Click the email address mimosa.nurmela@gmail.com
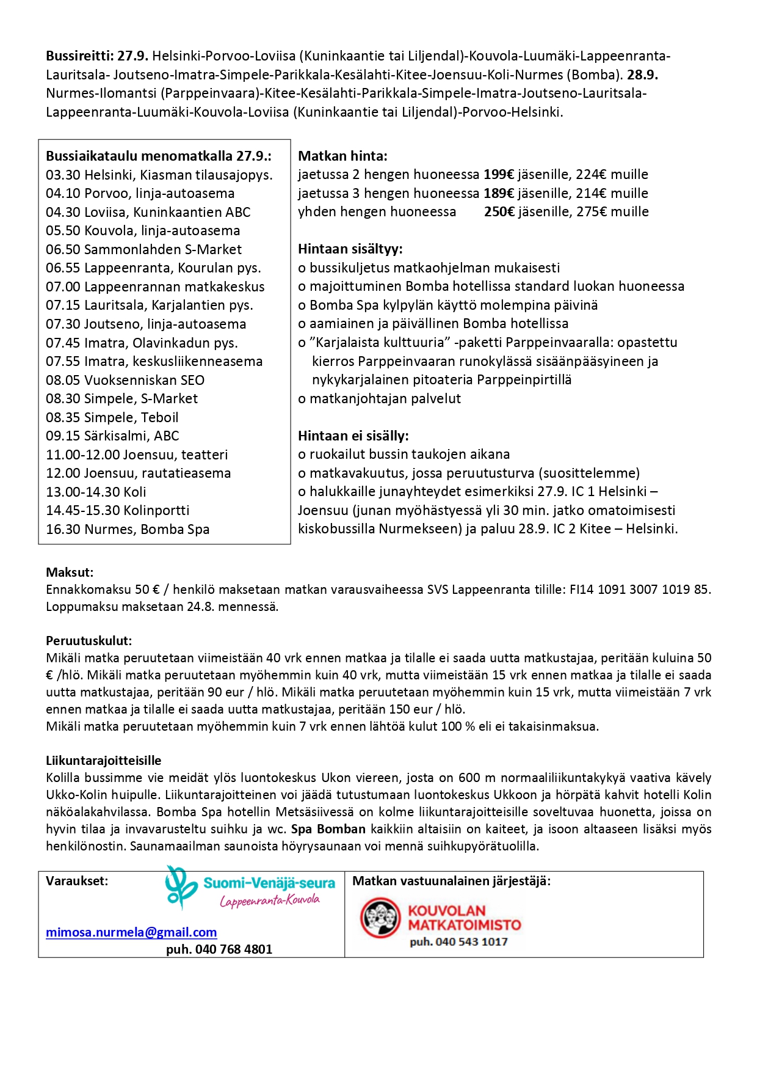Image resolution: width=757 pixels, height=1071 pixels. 131,932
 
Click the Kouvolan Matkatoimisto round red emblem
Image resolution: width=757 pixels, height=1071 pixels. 380,918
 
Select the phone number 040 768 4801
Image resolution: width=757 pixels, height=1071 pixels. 219,949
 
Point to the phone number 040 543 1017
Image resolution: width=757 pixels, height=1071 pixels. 458,942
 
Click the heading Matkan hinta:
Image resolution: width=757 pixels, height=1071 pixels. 342,156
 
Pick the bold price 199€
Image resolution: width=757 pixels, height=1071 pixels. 499,175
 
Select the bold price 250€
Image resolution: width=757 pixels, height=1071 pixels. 499,212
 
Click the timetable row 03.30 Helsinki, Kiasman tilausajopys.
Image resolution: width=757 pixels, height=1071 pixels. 159,175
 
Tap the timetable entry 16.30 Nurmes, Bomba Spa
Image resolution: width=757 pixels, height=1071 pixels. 128,530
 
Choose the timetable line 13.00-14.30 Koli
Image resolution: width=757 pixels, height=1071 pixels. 96,492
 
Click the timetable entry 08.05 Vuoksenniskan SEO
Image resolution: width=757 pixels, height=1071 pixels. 125,380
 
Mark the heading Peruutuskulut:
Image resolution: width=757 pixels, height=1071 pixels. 89,641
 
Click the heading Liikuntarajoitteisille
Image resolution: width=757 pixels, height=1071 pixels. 104,761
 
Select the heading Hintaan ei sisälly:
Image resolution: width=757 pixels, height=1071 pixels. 353,436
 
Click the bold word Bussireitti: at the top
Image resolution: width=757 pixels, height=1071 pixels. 80,56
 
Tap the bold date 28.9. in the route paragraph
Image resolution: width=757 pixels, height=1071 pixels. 642,75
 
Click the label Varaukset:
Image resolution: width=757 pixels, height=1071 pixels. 77,881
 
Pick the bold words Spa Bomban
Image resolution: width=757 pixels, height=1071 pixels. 328,829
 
